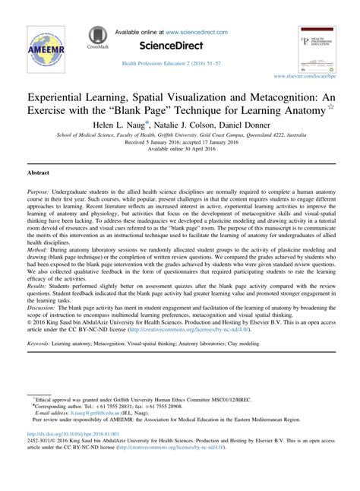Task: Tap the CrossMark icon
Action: [96, 38]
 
